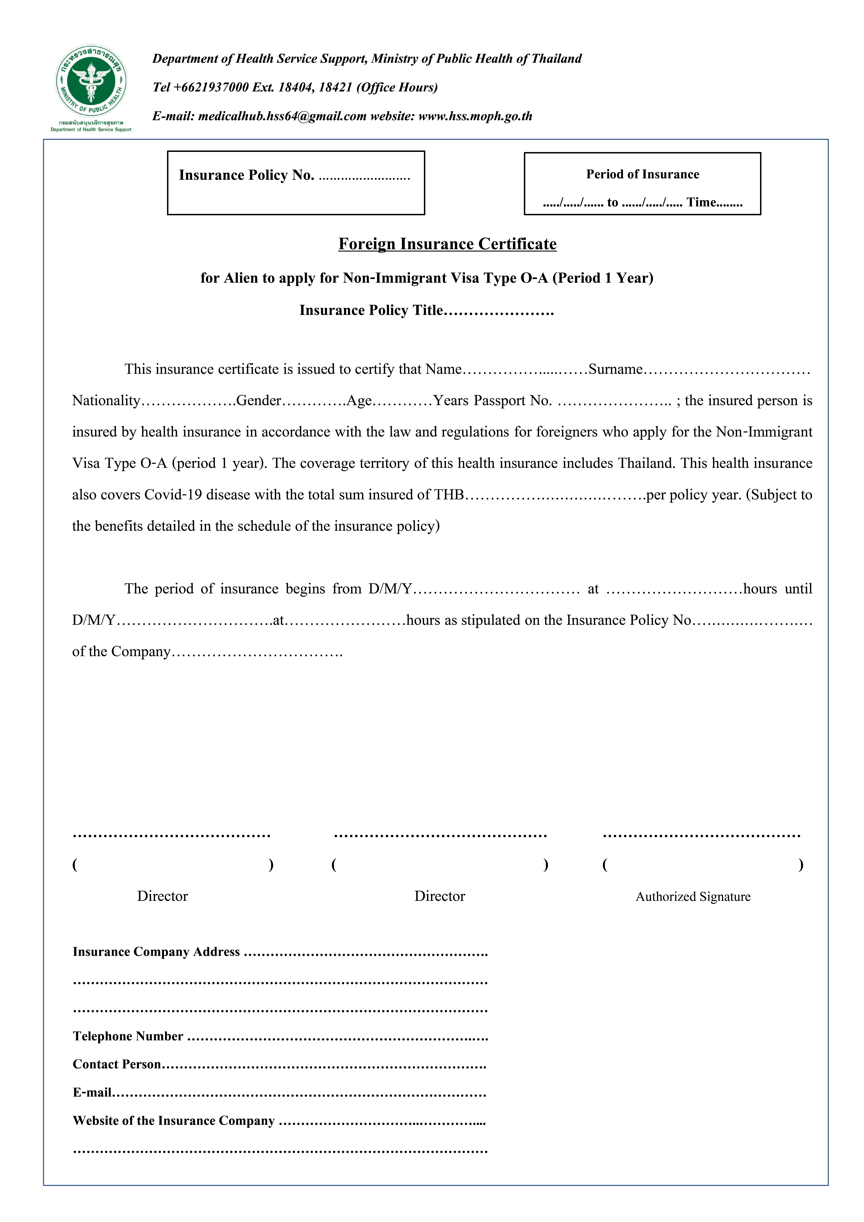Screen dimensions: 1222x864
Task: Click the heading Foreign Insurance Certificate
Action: pos(447,244)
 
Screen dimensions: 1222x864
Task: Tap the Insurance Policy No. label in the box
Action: pos(246,175)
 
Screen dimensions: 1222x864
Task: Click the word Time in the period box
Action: pos(701,202)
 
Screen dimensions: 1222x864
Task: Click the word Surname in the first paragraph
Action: pos(615,369)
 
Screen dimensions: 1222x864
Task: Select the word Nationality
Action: pos(106,401)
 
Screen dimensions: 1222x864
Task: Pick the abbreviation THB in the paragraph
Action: pos(449,495)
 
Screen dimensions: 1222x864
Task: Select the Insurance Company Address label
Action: pos(156,952)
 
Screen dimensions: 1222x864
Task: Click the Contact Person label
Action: pos(117,1064)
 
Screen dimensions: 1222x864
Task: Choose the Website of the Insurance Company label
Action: pos(173,1121)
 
